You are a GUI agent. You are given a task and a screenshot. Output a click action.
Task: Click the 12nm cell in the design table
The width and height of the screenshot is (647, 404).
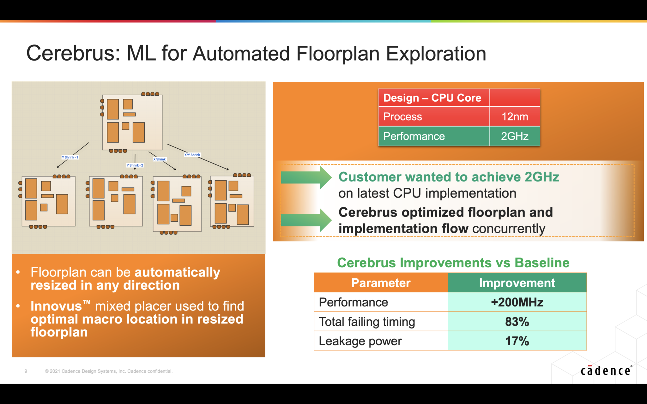[x=515, y=116]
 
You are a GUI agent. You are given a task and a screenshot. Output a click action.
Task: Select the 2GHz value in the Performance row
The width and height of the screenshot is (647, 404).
[x=515, y=136]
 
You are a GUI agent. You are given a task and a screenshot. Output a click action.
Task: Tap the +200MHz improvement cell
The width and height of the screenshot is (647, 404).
[x=517, y=302]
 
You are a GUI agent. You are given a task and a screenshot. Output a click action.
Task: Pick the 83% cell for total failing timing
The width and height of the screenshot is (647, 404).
[x=517, y=322]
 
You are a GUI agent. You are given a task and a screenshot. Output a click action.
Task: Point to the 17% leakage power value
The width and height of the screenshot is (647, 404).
[x=517, y=341]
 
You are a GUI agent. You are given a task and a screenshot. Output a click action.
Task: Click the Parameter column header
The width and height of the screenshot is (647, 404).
[x=381, y=283]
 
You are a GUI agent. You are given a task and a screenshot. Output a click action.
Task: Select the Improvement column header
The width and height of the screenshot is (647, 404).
[x=517, y=283]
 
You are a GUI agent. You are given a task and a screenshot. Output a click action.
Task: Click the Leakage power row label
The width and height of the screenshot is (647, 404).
[x=360, y=341]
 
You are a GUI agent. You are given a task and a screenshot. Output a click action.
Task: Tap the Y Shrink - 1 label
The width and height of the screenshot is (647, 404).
[x=70, y=157]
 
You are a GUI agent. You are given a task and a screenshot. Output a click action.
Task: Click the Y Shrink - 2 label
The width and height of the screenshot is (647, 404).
[x=135, y=165]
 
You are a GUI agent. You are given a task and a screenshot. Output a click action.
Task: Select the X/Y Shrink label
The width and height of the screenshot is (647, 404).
[x=192, y=155]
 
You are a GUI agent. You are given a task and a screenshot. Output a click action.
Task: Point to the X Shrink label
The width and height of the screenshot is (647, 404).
[x=160, y=159]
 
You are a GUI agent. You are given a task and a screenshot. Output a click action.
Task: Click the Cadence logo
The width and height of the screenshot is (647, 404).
[x=606, y=371]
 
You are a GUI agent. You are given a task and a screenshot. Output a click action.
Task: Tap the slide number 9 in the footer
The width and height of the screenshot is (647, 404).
[x=26, y=371]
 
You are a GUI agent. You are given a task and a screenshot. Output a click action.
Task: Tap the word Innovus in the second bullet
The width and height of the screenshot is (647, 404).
[x=56, y=306]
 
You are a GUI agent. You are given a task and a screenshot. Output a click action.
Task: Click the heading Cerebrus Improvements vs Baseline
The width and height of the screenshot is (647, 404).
[x=453, y=263]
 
